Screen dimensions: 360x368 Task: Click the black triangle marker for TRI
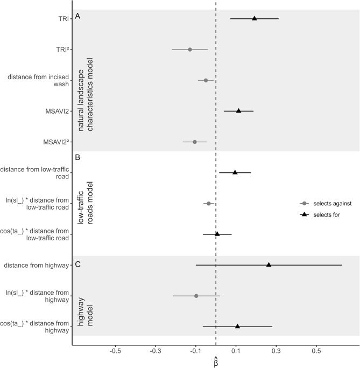click(255, 18)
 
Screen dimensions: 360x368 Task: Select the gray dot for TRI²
click(190, 50)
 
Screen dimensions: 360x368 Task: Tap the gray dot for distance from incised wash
click(206, 80)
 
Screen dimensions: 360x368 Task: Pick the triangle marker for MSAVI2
click(238, 110)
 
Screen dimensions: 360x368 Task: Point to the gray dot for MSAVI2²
click(195, 142)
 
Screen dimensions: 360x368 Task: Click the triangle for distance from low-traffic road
click(235, 172)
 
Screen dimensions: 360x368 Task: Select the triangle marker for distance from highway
click(269, 265)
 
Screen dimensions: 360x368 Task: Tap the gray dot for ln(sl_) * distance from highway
click(196, 296)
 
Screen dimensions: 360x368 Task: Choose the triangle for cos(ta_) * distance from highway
click(237, 326)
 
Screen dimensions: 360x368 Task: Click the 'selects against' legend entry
click(326, 204)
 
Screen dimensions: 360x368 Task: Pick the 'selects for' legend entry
click(320, 214)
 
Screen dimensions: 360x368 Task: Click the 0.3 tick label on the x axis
click(276, 351)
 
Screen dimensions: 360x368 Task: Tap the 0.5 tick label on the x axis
click(316, 351)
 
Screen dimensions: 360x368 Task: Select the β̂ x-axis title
click(216, 362)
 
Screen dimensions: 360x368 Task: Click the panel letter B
click(77, 157)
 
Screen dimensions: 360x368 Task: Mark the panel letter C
click(78, 264)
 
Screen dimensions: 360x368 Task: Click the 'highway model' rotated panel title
click(86, 312)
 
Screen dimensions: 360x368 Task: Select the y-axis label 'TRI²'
click(62, 50)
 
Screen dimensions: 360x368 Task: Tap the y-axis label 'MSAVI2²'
click(57, 142)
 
